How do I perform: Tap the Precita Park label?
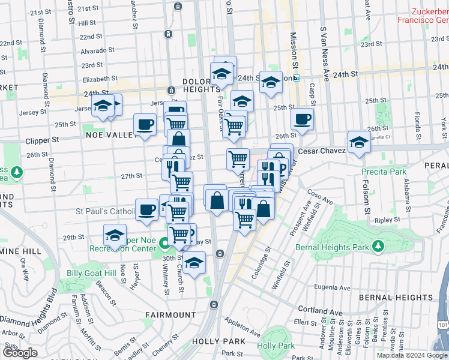click(384, 172)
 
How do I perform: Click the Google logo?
click(20, 353)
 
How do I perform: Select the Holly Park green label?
click(276, 346)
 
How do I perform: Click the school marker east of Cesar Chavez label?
click(359, 143)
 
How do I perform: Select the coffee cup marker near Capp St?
click(303, 119)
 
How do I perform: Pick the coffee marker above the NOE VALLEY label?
click(145, 125)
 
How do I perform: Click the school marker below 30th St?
click(194, 263)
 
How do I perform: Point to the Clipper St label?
click(42, 140)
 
